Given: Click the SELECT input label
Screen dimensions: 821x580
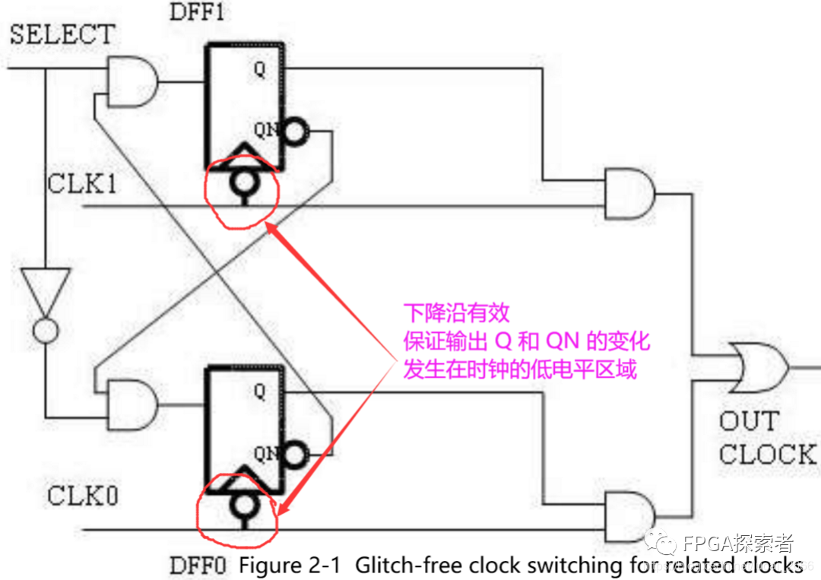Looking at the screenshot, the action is pos(62,34).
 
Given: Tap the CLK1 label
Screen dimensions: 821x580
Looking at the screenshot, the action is pos(82,184).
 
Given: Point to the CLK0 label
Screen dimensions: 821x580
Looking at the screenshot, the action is pos(83,496).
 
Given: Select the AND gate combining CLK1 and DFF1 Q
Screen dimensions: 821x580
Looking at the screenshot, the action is pos(629,194).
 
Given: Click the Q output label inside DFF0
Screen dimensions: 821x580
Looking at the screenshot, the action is pos(260,392).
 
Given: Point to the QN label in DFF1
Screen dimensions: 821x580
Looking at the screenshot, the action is pos(265,130).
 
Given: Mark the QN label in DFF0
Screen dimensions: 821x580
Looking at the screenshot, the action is pos(265,454).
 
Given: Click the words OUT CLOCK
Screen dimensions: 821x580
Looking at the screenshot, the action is pos(766,438).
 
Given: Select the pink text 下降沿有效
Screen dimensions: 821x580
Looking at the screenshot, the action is pos(456,312).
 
